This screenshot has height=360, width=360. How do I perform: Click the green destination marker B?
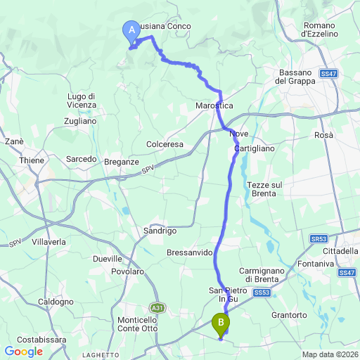[x=221, y=323]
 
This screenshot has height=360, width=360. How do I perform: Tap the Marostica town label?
[x=214, y=105]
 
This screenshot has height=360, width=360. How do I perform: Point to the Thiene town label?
[x=30, y=160]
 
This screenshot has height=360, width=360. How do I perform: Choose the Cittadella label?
[x=340, y=251]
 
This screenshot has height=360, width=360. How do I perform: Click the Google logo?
[x=23, y=351]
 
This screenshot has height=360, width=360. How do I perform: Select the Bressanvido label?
[x=189, y=252]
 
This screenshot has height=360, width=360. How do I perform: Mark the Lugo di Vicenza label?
[x=82, y=100]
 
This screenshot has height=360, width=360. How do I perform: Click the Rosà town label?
[x=324, y=135]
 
